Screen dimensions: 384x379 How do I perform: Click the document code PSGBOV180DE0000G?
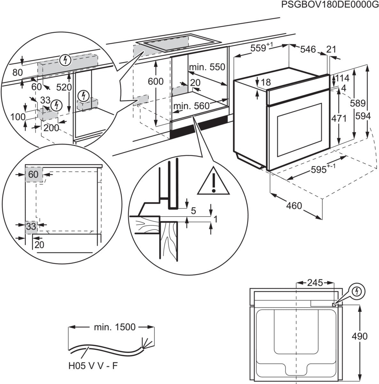(x=328, y=5)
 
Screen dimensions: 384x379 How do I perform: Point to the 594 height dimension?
(x=363, y=116)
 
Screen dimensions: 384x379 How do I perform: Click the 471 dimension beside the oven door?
(x=339, y=118)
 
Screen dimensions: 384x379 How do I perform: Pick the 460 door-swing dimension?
(x=294, y=205)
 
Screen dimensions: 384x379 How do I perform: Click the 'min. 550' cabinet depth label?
(x=207, y=67)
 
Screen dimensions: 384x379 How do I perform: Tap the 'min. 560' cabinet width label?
(x=191, y=106)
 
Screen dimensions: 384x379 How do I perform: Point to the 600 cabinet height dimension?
(x=155, y=82)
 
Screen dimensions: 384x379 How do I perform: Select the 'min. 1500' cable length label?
(x=114, y=327)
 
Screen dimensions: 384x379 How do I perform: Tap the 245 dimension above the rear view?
(x=315, y=283)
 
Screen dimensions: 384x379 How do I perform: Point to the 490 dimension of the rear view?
(x=359, y=336)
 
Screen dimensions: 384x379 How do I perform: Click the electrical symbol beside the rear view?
(x=357, y=291)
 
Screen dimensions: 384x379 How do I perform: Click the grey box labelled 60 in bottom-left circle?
(x=33, y=174)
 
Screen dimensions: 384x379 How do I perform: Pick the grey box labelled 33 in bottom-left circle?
(x=31, y=227)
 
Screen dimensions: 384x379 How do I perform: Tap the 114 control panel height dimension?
(x=342, y=78)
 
